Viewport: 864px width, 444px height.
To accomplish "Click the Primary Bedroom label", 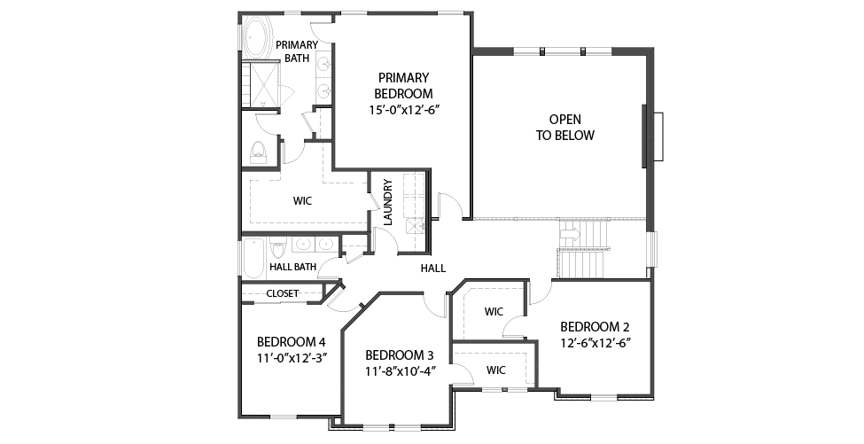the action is (403, 85).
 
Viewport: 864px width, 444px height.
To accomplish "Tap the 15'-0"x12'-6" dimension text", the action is (403, 109).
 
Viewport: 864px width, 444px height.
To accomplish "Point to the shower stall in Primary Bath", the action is (261, 84).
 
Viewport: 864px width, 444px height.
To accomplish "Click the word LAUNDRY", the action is (387, 202).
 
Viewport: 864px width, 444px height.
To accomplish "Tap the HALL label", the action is (433, 269).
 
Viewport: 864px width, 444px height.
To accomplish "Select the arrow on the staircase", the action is (570, 235).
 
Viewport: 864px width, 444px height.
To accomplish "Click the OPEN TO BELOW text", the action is (565, 128).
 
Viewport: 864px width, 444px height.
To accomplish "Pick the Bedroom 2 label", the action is (595, 326).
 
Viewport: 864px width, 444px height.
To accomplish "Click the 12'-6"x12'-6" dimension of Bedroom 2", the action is (595, 343).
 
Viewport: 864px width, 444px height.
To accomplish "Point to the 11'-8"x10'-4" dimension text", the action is (400, 370).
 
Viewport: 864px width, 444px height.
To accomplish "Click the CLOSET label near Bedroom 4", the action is (283, 293).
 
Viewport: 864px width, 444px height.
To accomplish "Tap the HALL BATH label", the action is (292, 267).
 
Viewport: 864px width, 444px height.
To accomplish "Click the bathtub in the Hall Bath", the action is (254, 258).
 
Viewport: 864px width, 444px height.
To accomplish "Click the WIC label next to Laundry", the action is (302, 201).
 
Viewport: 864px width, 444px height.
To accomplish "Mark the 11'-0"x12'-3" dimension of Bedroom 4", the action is (292, 357).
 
